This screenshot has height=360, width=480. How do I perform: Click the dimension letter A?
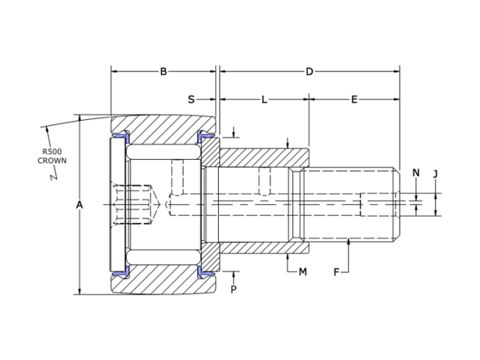click(x=79, y=205)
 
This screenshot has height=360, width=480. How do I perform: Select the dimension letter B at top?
click(x=163, y=72)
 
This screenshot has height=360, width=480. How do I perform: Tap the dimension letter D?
click(x=309, y=72)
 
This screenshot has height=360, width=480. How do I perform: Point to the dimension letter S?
click(x=191, y=99)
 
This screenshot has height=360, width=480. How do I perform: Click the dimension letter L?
click(x=264, y=99)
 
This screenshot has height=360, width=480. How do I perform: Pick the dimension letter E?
click(x=354, y=99)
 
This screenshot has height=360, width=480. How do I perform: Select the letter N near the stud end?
click(x=415, y=173)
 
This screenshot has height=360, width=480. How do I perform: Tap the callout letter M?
click(x=303, y=271)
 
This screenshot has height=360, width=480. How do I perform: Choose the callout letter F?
click(x=337, y=271)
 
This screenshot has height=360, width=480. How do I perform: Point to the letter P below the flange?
click(x=233, y=289)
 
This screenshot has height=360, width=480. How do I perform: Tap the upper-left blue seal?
click(x=121, y=137)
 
